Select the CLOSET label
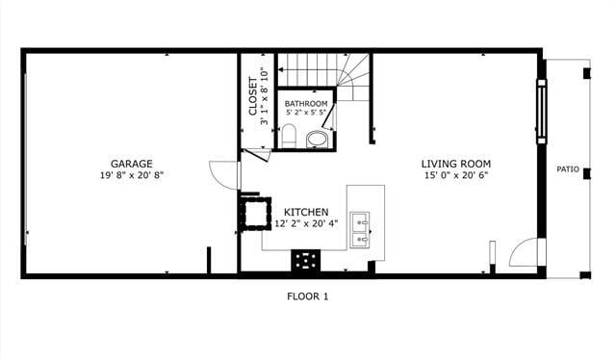[253, 97]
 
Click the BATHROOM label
[306, 103]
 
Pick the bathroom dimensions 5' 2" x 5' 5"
[306, 113]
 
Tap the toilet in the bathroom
[289, 134]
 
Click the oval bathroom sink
[317, 140]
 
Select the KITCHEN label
[306, 212]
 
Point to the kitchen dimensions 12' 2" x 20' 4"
[306, 223]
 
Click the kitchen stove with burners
[306, 259]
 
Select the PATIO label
[568, 169]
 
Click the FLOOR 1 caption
[308, 296]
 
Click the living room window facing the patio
[541, 114]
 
